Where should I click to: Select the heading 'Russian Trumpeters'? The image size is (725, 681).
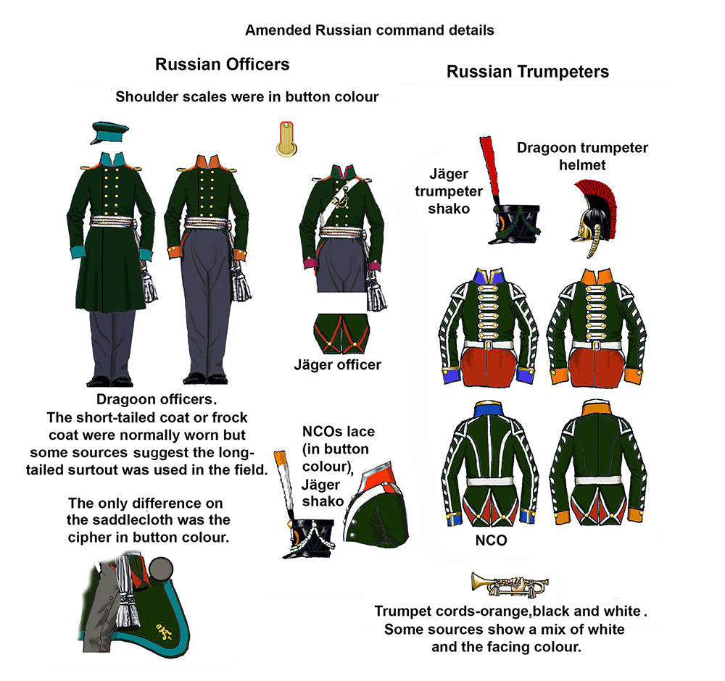(527, 72)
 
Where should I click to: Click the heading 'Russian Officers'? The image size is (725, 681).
(222, 64)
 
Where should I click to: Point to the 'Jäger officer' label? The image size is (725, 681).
(337, 364)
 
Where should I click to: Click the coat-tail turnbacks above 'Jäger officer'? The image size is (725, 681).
(341, 334)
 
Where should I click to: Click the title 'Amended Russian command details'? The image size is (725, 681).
(369, 30)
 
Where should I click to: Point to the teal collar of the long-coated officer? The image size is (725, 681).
(109, 158)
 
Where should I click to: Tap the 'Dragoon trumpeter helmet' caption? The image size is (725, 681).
(582, 156)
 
